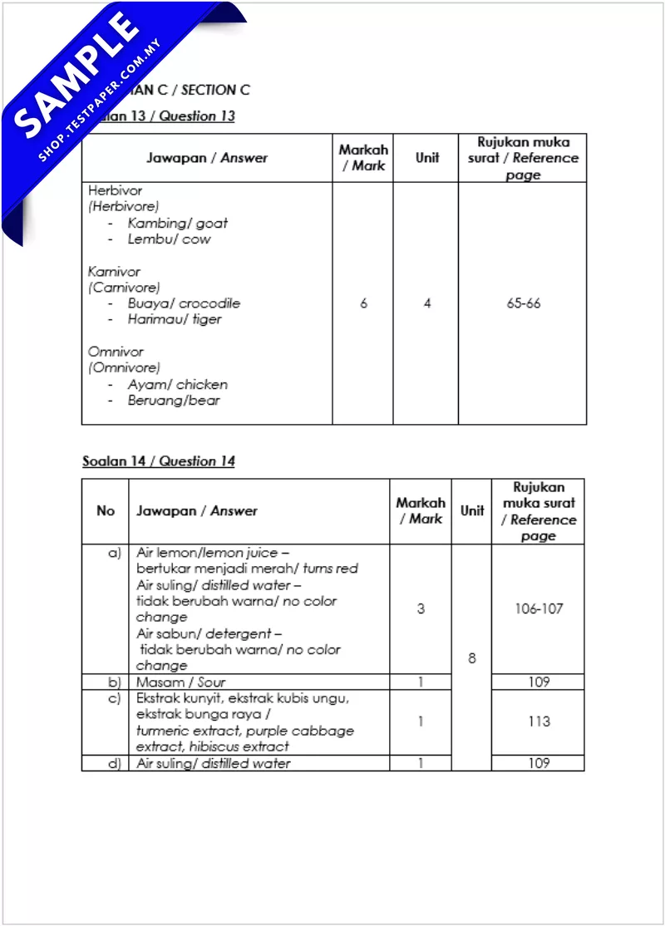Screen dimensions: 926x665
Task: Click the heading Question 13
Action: coord(197,116)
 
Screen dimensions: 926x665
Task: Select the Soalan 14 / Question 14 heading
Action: coord(158,461)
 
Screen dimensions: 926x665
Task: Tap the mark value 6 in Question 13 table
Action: coord(363,303)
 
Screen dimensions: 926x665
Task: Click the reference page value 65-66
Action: coord(523,303)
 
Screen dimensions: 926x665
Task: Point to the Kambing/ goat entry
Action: coord(177,223)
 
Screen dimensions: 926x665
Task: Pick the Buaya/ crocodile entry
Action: coord(184,303)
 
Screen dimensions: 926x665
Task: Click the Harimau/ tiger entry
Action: coord(175,319)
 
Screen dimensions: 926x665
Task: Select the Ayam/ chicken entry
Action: coord(177,384)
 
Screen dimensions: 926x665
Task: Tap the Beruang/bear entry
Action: coord(174,401)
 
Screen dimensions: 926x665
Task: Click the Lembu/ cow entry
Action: coord(169,239)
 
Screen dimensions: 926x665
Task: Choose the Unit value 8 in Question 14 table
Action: coord(472,658)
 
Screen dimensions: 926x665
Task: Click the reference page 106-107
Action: coord(539,608)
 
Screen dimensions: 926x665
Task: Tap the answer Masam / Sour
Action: coord(181,682)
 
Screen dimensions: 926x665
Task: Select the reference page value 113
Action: coord(539,722)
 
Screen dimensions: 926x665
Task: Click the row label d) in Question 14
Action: coord(115,763)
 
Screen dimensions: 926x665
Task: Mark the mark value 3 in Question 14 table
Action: coord(421,608)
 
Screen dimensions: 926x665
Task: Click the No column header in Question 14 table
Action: coord(106,510)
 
